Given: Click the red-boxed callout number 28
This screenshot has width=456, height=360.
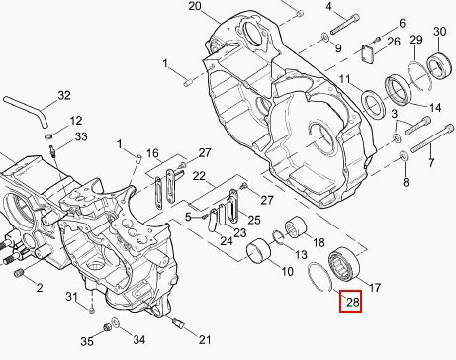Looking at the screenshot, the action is click(352, 302).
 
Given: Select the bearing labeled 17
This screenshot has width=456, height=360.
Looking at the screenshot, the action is click(342, 263).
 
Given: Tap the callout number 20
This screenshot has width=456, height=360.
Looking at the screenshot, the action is click(195, 6).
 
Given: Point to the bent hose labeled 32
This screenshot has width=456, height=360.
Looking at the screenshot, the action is click(26, 111).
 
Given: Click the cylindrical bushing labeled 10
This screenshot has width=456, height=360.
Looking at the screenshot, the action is click(259, 250).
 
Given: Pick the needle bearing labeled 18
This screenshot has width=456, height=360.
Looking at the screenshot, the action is click(295, 226).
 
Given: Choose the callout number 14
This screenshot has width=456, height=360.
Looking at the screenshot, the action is click(435, 108).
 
